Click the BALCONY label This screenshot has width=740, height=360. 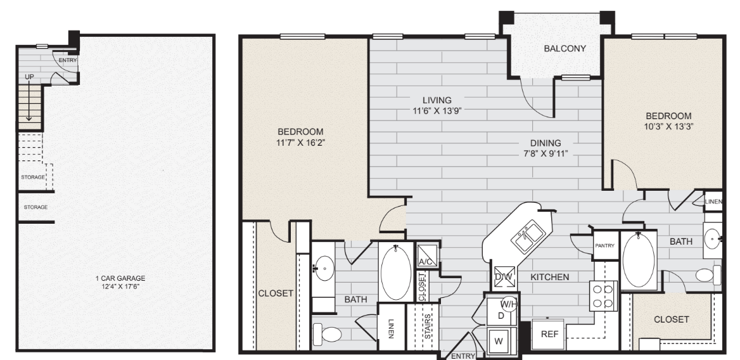pos(565,48)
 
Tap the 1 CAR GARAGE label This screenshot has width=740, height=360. pos(120,278)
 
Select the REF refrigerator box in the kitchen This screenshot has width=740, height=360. pos(549,334)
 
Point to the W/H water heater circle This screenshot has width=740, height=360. pos(508,304)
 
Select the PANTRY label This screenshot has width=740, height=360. pos(604,246)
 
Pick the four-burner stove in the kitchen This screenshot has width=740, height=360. pos(603,296)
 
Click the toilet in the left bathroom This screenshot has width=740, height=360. pos(328,333)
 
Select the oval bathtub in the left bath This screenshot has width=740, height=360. pos(395,272)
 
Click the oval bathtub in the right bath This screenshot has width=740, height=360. pos(639,260)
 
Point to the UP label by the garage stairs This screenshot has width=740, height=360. pos(29,77)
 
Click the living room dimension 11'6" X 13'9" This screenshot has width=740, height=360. pos(437,111)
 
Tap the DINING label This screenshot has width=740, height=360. pos(545,143)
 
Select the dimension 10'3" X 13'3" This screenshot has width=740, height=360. pos(669,127)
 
